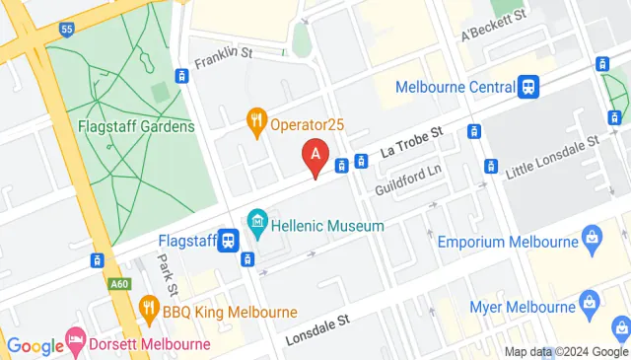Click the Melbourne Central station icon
529,87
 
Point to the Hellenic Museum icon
258,220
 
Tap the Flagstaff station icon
229,239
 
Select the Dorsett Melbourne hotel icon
75,344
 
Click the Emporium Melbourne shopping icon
591,239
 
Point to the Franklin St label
217,62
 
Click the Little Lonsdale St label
552,157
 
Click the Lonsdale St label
317,330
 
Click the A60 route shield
118,285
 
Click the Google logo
35,345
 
